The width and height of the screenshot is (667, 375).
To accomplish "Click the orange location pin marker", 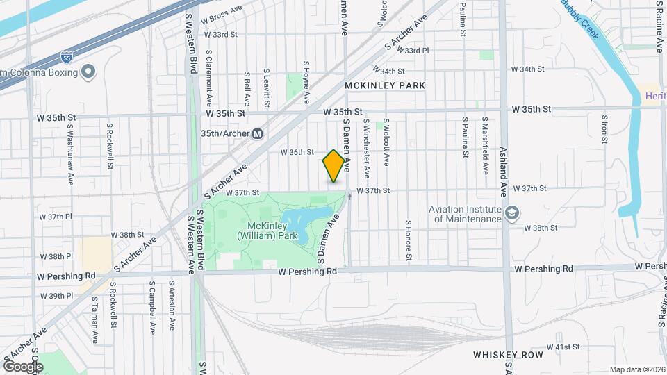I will click(333, 166).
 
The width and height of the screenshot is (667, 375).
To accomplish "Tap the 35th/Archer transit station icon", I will click(257, 133).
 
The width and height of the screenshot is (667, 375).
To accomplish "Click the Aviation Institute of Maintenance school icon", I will click(513, 212).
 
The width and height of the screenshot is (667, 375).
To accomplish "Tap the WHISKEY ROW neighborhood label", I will click(507, 355).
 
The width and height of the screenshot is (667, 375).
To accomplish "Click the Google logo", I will click(23, 366).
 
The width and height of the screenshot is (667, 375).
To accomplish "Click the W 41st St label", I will click(563, 347).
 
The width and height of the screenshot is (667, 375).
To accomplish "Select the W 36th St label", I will click(297, 152).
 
